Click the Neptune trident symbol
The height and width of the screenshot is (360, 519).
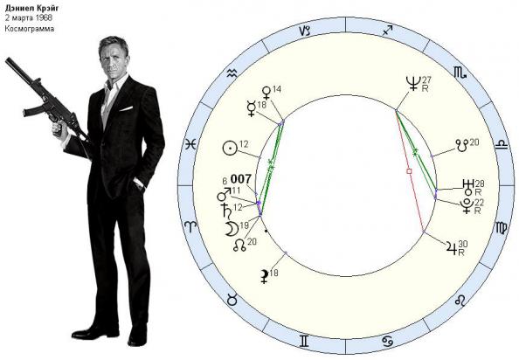tap(414, 83)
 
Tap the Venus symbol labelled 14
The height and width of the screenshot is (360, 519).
tap(266, 93)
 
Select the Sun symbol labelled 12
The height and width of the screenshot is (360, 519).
tap(230, 149)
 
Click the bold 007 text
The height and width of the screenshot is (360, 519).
tap(241, 179)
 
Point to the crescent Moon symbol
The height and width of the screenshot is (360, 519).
tap(232, 229)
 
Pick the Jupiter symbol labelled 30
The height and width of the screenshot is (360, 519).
tap(452, 246)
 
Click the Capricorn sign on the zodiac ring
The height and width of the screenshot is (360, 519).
tap(305, 31)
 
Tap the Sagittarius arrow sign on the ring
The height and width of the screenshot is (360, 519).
tap(387, 31)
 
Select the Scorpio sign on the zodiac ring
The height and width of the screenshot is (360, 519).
tap(460, 73)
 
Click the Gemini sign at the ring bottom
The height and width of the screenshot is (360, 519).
tap(304, 341)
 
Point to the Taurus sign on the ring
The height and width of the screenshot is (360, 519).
tap(232, 300)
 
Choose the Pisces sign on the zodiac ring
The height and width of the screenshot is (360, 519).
tap(190, 144)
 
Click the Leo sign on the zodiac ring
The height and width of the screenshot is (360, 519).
tap(460, 301)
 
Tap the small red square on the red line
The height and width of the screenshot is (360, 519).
tap(409, 171)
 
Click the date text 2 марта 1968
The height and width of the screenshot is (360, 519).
tap(29, 17)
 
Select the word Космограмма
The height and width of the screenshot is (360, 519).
tap(30, 29)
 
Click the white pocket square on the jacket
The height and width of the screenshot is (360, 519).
tap(126, 108)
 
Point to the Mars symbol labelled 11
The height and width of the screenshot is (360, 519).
tap(224, 195)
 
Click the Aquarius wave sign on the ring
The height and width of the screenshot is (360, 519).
tap(232, 73)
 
